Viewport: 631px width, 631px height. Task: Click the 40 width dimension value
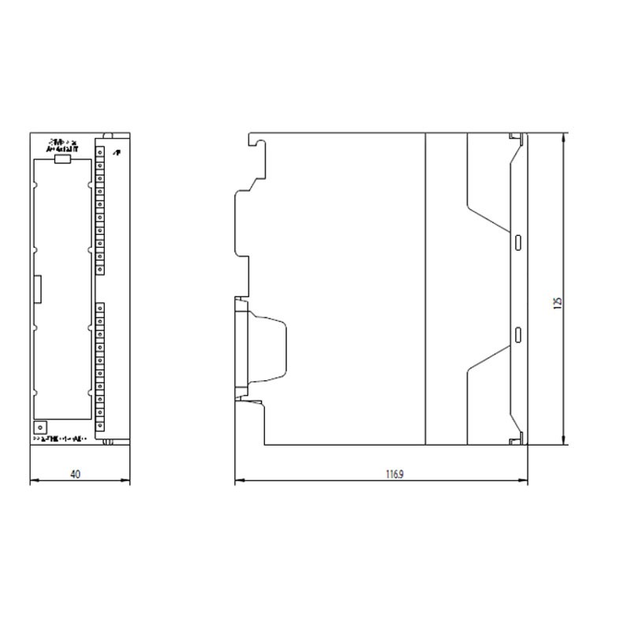[x=75, y=475]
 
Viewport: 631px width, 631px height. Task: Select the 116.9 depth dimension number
[x=394, y=475]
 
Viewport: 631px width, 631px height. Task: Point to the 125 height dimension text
[x=557, y=304]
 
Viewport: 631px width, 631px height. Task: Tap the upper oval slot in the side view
[x=518, y=241]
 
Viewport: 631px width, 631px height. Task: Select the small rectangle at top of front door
[x=62, y=159]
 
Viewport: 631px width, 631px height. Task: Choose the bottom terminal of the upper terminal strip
[x=100, y=268]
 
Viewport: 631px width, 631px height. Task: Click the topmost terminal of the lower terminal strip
[x=100, y=308]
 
